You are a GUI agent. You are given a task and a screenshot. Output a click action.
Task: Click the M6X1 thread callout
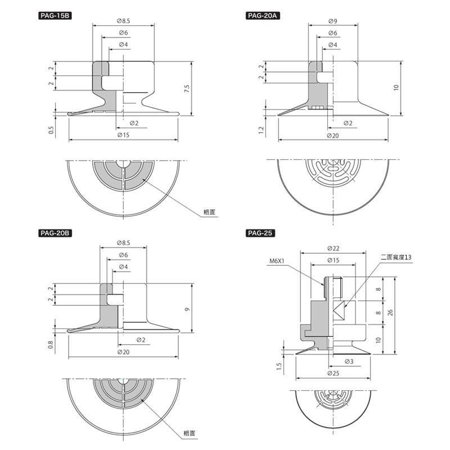coord(278,261)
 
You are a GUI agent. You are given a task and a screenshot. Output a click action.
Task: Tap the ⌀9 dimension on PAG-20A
coord(332,21)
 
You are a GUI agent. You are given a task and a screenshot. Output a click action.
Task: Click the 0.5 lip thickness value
coord(51,130)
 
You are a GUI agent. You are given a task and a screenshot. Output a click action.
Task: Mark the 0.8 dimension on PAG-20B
coord(51,345)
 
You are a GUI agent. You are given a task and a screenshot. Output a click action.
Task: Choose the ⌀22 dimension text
coord(332,248)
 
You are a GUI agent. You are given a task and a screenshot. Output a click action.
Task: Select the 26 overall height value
coord(389,312)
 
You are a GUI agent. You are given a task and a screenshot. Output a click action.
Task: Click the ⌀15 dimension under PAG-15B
coord(123,136)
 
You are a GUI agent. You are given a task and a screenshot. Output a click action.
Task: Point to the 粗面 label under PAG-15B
coord(210,212)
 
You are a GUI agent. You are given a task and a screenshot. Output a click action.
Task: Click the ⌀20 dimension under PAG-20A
coord(332,136)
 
